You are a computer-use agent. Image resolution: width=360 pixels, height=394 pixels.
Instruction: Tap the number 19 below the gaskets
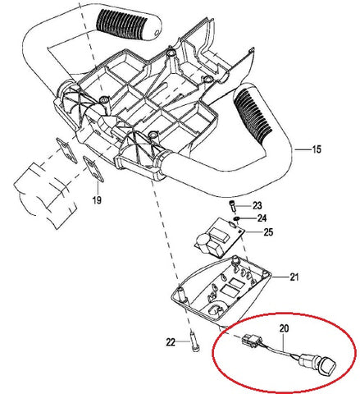97,199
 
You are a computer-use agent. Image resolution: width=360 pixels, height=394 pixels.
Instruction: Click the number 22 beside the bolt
170,341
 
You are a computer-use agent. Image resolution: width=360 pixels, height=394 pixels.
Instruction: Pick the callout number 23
256,205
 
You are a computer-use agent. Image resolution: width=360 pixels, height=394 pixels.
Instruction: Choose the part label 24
262,218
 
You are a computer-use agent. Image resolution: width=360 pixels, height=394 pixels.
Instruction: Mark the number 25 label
267,232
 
